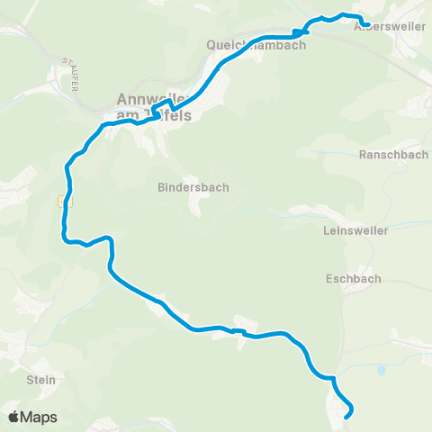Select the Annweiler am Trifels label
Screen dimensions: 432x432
coord(154,107)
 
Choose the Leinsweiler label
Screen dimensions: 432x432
coord(355,230)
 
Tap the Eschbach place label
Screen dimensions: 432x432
coord(348,279)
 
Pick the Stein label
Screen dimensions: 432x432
coord(41,380)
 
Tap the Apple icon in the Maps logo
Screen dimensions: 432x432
coord(14,417)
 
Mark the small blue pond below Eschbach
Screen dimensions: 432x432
coord(382,370)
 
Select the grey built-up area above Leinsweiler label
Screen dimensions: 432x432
coord(315,212)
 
